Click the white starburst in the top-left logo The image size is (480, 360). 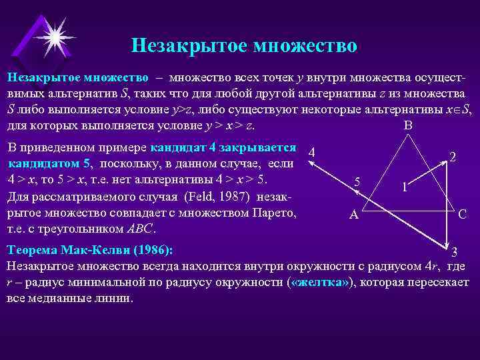point(54,35)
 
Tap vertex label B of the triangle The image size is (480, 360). point(408,126)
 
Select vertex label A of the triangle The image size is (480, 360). point(355,215)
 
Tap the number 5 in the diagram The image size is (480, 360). point(358,182)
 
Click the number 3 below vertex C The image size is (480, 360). point(454,252)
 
